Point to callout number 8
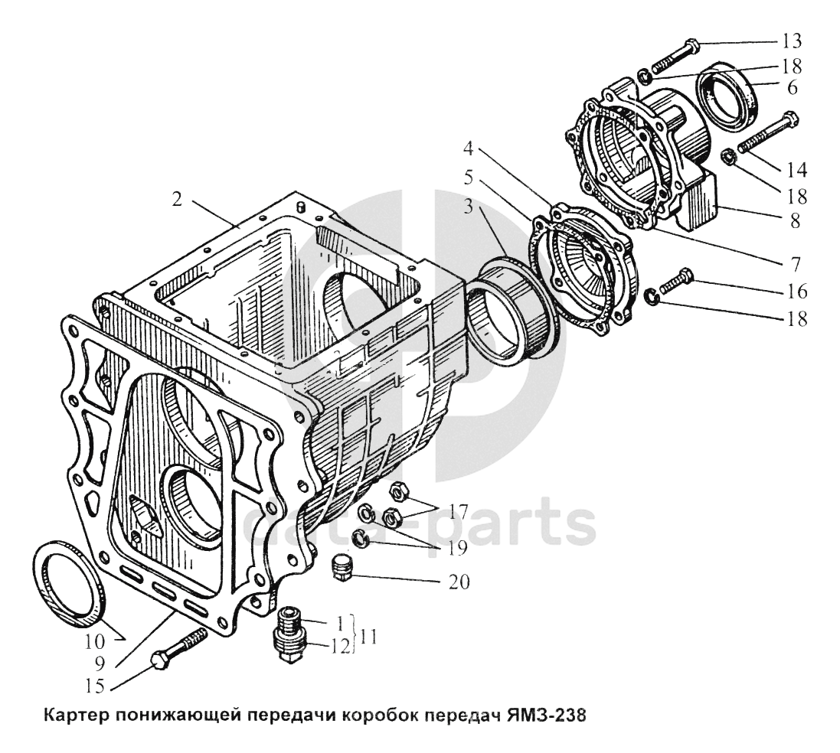point(794,221)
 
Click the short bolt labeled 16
point(673,282)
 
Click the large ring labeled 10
point(69,582)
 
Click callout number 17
point(459,511)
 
